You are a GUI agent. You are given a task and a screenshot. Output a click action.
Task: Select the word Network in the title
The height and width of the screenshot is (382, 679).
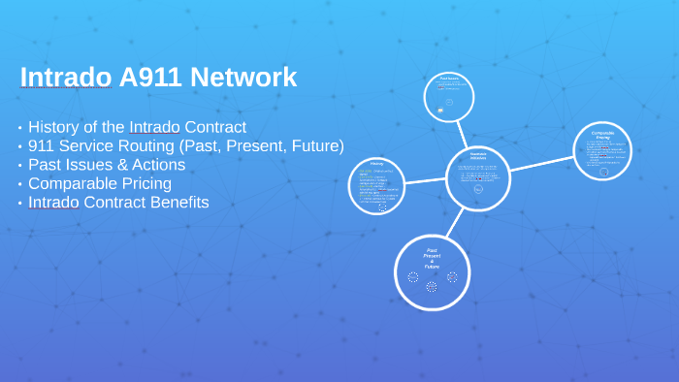point(249,77)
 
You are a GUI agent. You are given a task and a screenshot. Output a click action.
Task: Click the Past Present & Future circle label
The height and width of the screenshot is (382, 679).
point(432,258)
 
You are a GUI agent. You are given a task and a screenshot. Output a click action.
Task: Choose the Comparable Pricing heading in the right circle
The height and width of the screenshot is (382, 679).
point(603,135)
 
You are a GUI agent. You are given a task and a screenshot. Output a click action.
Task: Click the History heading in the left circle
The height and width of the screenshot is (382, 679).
point(376,164)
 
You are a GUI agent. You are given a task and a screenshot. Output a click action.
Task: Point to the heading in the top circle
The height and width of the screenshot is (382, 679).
point(449,78)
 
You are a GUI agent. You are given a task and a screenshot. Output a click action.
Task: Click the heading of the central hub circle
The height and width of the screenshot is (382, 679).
point(477,156)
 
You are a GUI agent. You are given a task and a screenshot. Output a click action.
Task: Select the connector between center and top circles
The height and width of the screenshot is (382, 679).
point(464,132)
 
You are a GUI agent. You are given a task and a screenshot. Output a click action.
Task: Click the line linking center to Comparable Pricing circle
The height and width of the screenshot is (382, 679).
point(541,163)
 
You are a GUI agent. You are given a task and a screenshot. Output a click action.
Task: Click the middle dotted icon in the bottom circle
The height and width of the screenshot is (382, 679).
point(432,286)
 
